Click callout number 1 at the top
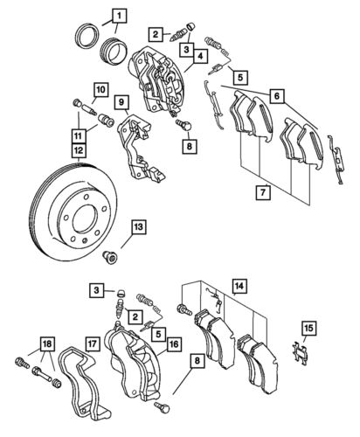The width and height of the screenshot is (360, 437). coord(117,13)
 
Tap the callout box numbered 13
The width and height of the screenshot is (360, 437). coord(138,228)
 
